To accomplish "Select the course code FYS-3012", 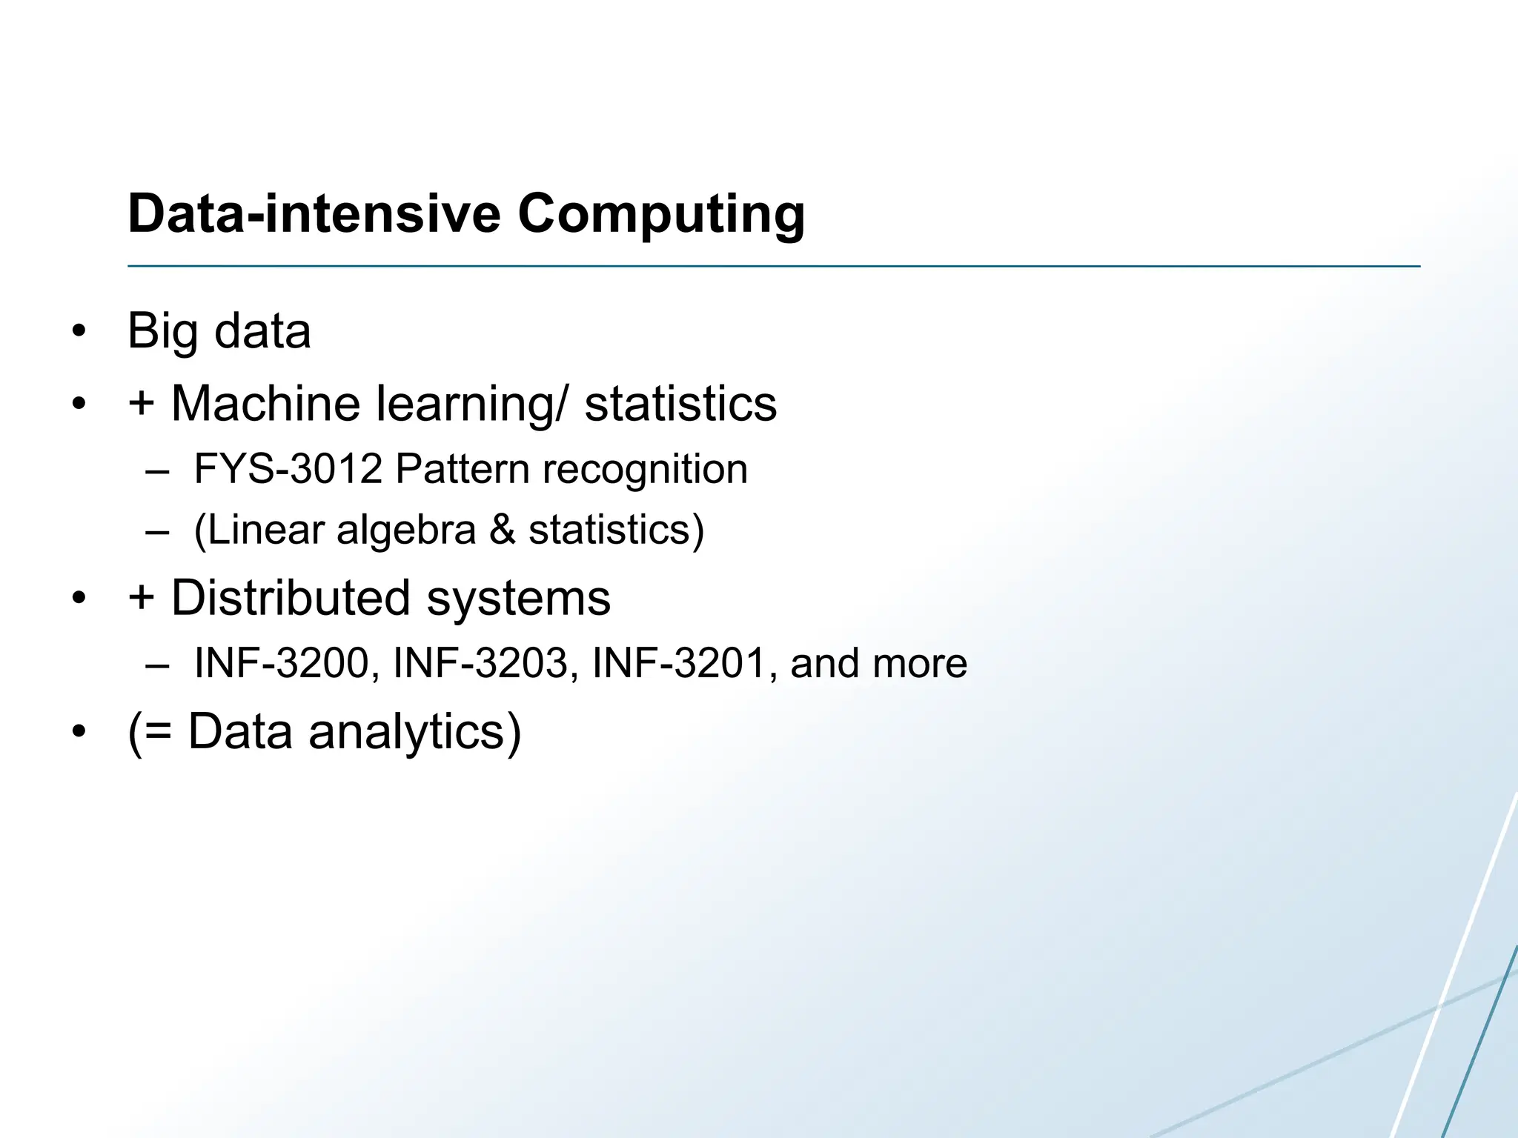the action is tap(288, 469).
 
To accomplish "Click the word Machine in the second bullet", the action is tap(267, 404).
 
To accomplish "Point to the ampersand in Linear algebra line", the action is tap(503, 530).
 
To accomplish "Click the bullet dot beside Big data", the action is tap(79, 332).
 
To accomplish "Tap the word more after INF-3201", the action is tap(921, 664).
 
